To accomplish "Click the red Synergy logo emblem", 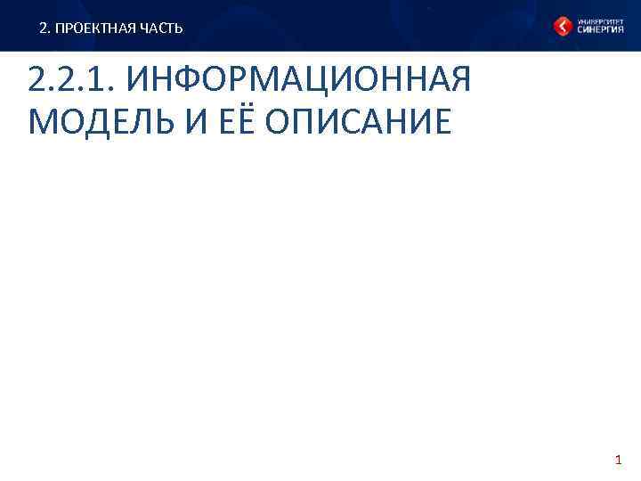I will pos(564,27).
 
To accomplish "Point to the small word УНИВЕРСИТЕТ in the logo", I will pos(599,20).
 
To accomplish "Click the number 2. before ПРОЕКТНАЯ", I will pos(45,29).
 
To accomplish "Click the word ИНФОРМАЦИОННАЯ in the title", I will pos(298,80).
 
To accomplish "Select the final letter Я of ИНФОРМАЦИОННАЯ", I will pos(458,80).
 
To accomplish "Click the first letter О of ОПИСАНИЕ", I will pos(280,122).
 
